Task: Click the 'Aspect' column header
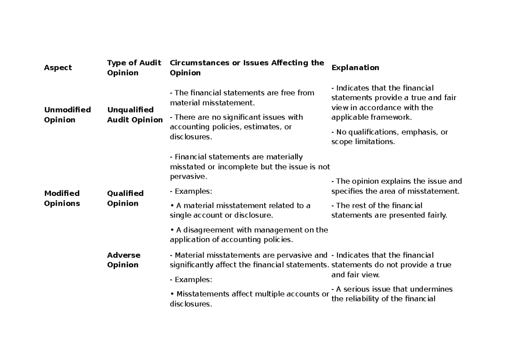58,68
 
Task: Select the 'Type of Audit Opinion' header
134,68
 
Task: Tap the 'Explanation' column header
355,68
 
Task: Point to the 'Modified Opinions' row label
62,198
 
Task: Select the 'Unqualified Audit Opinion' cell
134,115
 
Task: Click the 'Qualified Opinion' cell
125,198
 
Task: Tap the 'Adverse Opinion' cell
123,260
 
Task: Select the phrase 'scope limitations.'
363,142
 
